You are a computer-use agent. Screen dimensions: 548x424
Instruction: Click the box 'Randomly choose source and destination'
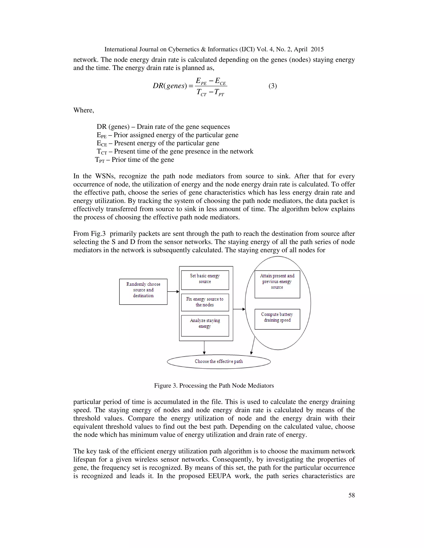pyautogui.click(x=143, y=292)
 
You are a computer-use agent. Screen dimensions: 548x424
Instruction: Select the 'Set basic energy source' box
pyautogui.click(x=205, y=280)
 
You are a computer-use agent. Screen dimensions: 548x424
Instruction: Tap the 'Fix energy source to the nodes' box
pyautogui.click(x=205, y=302)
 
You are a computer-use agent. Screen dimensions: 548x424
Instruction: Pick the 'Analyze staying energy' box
pyautogui.click(x=205, y=325)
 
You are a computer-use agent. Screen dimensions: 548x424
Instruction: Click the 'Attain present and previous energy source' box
pyautogui.click(x=277, y=284)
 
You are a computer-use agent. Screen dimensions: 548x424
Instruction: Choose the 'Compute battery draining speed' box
pyautogui.click(x=277, y=319)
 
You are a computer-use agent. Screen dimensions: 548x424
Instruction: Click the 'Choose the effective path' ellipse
pyautogui.click(x=219, y=361)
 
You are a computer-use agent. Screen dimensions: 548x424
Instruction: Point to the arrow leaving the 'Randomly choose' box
pyautogui.click(x=173, y=292)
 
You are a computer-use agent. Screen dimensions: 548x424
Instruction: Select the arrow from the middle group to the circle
pyautogui.click(x=239, y=309)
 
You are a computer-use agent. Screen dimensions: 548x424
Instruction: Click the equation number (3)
pyautogui.click(x=272, y=86)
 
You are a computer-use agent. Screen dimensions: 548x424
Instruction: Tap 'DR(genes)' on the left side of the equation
pyautogui.click(x=170, y=86)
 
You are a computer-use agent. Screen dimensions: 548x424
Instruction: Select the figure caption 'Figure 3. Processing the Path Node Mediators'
pyautogui.click(x=214, y=385)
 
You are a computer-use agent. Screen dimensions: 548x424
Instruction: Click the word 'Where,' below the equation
pyautogui.click(x=84, y=110)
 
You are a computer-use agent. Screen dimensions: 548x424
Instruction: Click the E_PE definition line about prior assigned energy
pyautogui.click(x=167, y=135)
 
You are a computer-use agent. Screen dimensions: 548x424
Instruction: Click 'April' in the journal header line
pyautogui.click(x=301, y=49)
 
